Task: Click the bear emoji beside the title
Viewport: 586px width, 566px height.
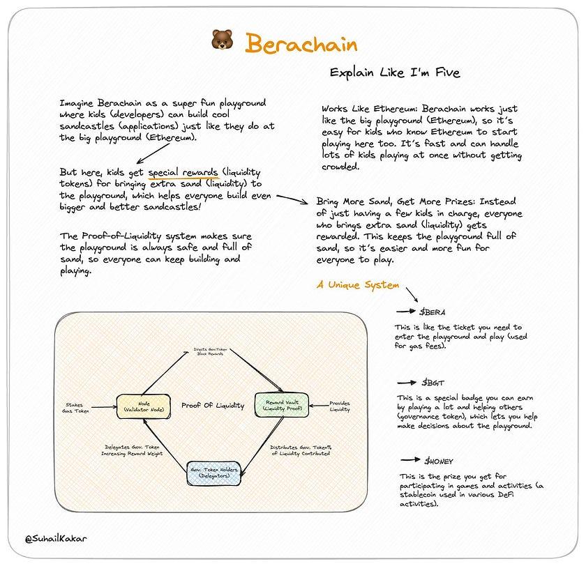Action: [220, 41]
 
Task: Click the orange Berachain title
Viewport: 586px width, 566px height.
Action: [301, 43]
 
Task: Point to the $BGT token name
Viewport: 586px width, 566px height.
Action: [433, 383]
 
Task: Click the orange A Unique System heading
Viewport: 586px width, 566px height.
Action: [357, 284]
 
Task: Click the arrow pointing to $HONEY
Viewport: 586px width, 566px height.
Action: [410, 461]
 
